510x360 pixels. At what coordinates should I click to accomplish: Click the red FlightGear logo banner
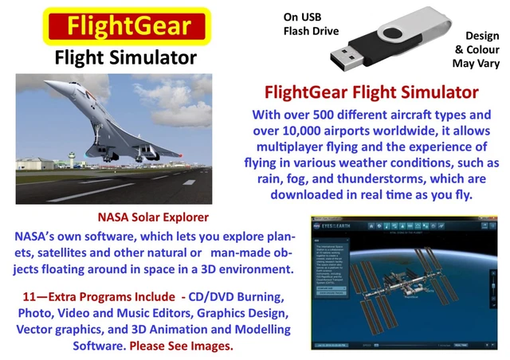117,26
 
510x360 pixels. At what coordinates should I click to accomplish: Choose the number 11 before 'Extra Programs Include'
33,295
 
